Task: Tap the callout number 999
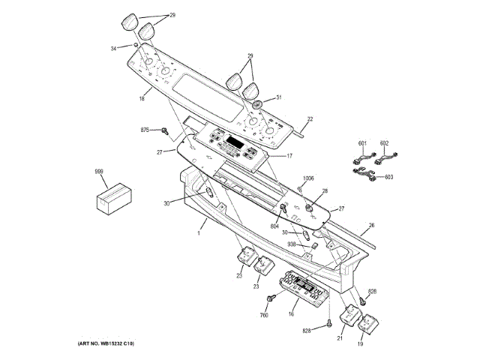coord(99,172)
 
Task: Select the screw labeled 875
coord(163,131)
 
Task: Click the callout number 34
coord(115,46)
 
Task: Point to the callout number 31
coord(278,97)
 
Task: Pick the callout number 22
coord(310,120)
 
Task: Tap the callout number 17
coord(289,156)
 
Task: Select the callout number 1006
coord(307,178)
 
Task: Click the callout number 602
coord(385,143)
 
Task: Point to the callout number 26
coord(370,224)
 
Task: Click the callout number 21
coord(339,340)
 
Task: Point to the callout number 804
coord(274,226)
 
